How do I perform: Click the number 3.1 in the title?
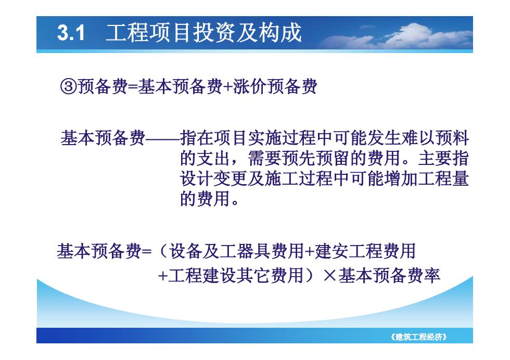(x=71, y=33)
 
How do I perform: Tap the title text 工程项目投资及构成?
(x=204, y=33)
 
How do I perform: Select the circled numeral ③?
(x=68, y=87)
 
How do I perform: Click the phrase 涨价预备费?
(x=275, y=87)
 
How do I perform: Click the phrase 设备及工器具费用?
(x=237, y=251)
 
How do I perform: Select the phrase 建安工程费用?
(x=365, y=251)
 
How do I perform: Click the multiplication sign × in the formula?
(x=330, y=276)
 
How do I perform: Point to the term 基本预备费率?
(x=389, y=275)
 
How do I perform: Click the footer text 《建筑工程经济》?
(x=419, y=337)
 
